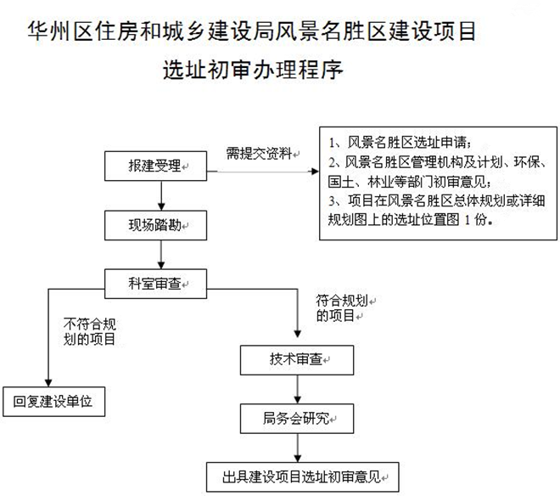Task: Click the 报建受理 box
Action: click(x=155, y=166)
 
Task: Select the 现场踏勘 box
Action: click(x=155, y=225)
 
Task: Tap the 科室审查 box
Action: click(x=155, y=284)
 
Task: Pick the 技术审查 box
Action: click(x=297, y=360)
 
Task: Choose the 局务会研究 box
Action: click(x=297, y=419)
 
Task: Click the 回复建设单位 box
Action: click(x=54, y=402)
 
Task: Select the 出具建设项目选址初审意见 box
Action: click(x=303, y=477)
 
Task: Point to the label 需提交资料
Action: click(x=260, y=154)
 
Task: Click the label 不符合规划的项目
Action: click(x=90, y=332)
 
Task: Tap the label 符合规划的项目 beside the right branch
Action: click(x=342, y=308)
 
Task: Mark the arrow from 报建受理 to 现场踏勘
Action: click(x=161, y=195)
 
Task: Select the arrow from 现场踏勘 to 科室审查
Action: click(x=161, y=255)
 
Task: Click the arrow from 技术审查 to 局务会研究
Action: click(x=298, y=390)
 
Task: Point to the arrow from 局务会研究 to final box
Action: click(x=298, y=448)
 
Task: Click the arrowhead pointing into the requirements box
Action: click(x=316, y=172)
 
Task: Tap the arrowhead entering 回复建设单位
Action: click(x=48, y=383)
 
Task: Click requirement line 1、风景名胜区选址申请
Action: click(x=400, y=143)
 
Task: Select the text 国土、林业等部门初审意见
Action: click(x=409, y=182)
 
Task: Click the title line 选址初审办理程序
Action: click(x=253, y=70)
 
